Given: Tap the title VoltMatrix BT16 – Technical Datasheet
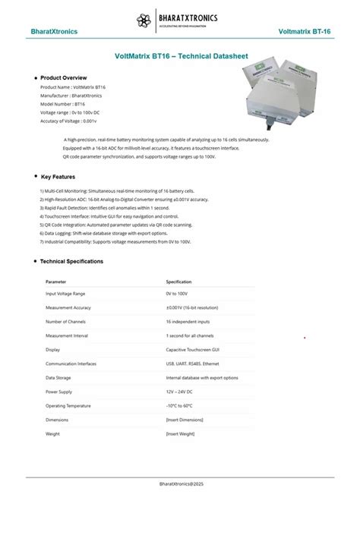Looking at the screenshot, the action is pyautogui.click(x=181, y=55).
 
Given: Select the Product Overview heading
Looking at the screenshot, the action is pyautogui.click(x=63, y=77).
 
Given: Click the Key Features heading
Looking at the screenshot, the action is pyautogui.click(x=58, y=177).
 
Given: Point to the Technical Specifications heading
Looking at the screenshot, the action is pyautogui.click(x=71, y=261).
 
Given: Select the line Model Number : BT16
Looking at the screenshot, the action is pyautogui.click(x=63, y=104).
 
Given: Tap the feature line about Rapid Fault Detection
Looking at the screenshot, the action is pyautogui.click(x=104, y=207).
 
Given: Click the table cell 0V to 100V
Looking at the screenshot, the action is pyautogui.click(x=176, y=293).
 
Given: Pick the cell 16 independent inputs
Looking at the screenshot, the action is pyautogui.click(x=189, y=322).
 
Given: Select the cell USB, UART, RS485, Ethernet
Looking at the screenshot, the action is pyautogui.click(x=198, y=364).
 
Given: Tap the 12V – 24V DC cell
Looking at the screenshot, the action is pyautogui.click(x=179, y=392).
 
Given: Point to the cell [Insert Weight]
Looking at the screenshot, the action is pyautogui.click(x=180, y=433).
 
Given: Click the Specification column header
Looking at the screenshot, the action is pyautogui.click(x=178, y=282).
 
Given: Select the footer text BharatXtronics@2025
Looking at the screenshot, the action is pyautogui.click(x=181, y=483).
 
